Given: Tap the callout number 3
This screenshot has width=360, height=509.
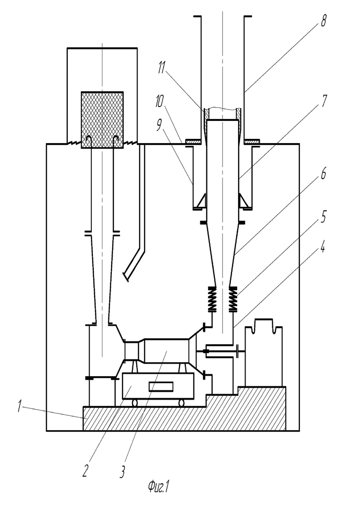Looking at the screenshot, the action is pyautogui.click(x=122, y=471).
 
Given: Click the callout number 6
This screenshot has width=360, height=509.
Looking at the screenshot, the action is pyautogui.click(x=324, y=174).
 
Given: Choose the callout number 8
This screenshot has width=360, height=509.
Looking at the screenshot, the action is pyautogui.click(x=324, y=21).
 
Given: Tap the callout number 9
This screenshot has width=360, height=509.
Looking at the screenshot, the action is pyautogui.click(x=159, y=126).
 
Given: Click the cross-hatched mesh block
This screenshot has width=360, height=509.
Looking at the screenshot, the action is pyautogui.click(x=102, y=120).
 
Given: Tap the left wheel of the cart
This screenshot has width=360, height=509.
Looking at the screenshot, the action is pyautogui.click(x=134, y=403).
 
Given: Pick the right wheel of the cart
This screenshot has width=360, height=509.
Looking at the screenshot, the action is pyautogui.click(x=181, y=403).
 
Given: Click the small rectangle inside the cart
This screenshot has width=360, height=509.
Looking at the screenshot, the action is pyautogui.click(x=161, y=387).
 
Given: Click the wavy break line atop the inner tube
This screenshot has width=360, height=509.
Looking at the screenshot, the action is pyautogui.click(x=222, y=108).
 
